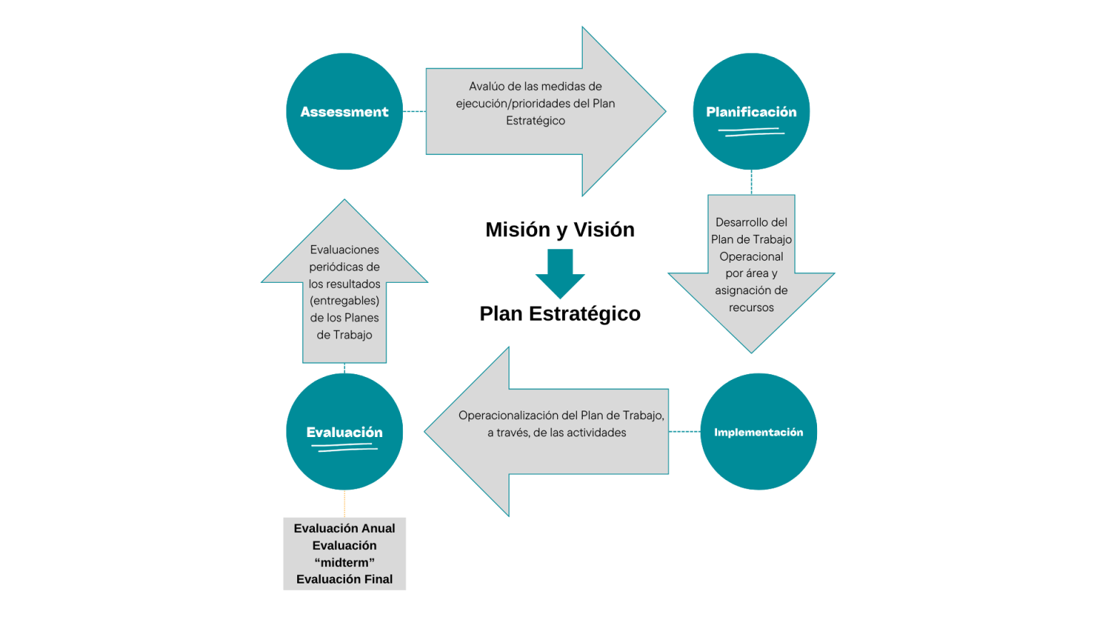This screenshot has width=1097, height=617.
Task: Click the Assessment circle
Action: [x=344, y=111]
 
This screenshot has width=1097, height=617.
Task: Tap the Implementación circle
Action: [x=758, y=431]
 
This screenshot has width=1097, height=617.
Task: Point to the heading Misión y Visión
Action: [x=560, y=229]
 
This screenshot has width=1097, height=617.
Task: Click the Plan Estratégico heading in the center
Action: [x=560, y=313]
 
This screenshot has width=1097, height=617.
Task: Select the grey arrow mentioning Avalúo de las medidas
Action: [x=543, y=111]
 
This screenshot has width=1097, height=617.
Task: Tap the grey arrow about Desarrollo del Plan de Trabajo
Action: [x=751, y=271]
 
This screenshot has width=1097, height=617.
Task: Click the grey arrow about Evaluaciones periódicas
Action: [x=344, y=286]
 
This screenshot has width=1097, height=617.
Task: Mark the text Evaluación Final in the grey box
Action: [x=344, y=579]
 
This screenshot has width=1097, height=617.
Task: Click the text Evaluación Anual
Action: [x=344, y=528]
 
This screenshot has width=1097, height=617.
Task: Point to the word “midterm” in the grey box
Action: [x=344, y=563]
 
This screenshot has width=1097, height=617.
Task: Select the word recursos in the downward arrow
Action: [x=751, y=308]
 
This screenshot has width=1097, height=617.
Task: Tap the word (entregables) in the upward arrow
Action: [x=344, y=301]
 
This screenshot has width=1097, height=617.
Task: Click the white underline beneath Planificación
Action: [x=751, y=131]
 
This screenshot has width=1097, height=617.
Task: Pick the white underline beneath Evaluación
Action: [x=344, y=448]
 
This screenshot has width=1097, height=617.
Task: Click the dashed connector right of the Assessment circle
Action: [x=414, y=111]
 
